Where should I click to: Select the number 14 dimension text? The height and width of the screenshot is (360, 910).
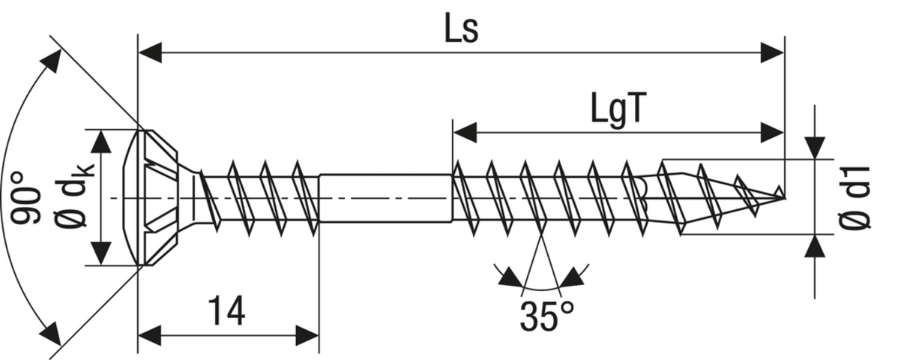[x=226, y=310]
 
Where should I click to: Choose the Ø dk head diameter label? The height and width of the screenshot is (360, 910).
[x=73, y=197]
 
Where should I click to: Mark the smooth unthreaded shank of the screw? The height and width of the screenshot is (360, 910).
[x=385, y=197]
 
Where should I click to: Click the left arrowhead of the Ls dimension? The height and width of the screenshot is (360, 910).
[x=151, y=53]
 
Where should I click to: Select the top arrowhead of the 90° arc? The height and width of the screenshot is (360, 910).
[x=52, y=61]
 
